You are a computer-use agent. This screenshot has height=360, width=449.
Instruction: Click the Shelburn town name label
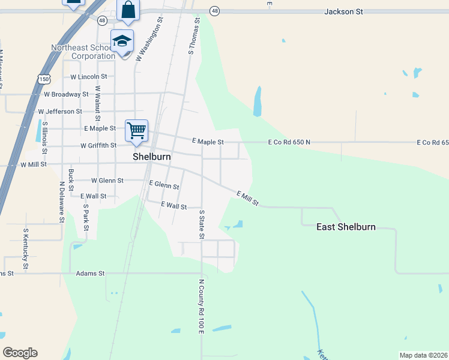(x=151, y=156)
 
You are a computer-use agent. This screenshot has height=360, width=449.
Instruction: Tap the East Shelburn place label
(x=346, y=227)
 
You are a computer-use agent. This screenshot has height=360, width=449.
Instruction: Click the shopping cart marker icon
(x=137, y=130)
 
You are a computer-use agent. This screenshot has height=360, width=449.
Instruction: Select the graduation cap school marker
(x=122, y=41)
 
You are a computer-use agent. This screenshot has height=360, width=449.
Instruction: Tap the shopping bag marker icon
(x=128, y=10)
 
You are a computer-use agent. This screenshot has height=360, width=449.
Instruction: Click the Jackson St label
(x=344, y=11)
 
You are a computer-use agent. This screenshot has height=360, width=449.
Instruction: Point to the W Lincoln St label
(x=88, y=77)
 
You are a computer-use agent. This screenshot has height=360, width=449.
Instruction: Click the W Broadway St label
(x=66, y=94)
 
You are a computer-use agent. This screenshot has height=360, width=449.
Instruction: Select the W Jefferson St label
(x=60, y=112)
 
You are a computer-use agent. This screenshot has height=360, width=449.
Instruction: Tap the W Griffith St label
(x=98, y=145)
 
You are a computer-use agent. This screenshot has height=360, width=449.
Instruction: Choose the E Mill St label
(x=247, y=199)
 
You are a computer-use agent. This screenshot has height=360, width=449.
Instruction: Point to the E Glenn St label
(x=164, y=185)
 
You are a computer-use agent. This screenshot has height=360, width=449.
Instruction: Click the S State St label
(x=202, y=224)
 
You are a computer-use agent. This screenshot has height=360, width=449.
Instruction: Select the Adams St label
(x=90, y=274)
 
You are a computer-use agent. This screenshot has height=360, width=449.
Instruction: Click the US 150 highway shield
(x=43, y=79)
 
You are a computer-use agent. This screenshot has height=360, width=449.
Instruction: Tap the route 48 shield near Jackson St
(x=215, y=11)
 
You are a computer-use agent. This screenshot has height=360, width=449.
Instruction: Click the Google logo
(x=20, y=353)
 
